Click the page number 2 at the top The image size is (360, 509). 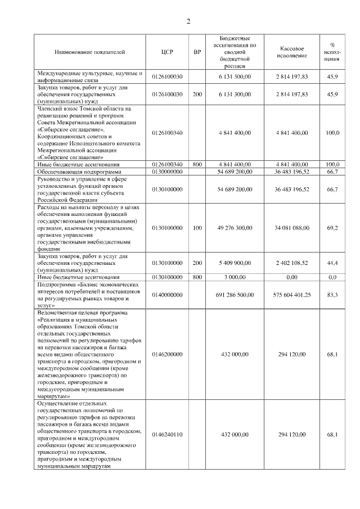(x=188, y=21)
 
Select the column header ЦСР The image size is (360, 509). (x=167, y=52)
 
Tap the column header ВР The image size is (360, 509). (x=197, y=52)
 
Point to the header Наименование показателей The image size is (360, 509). (x=89, y=52)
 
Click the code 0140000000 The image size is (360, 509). (x=167, y=294)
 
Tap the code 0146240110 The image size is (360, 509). (x=167, y=435)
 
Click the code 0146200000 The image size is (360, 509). (x=167, y=355)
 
